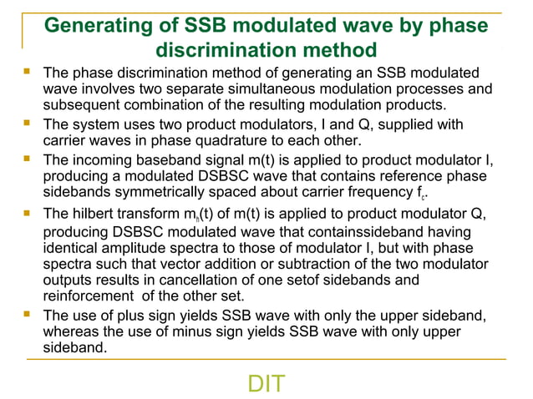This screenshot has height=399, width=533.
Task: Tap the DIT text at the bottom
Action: point(266,384)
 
